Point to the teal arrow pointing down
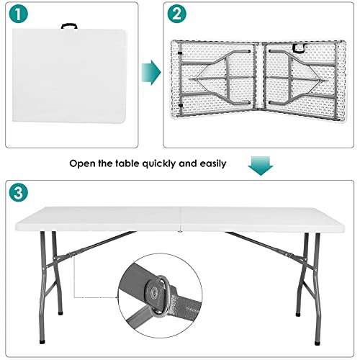(x=260, y=164)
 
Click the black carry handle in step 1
(x=70, y=27)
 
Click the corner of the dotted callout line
(x=76, y=295)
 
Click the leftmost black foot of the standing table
(x=59, y=314)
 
